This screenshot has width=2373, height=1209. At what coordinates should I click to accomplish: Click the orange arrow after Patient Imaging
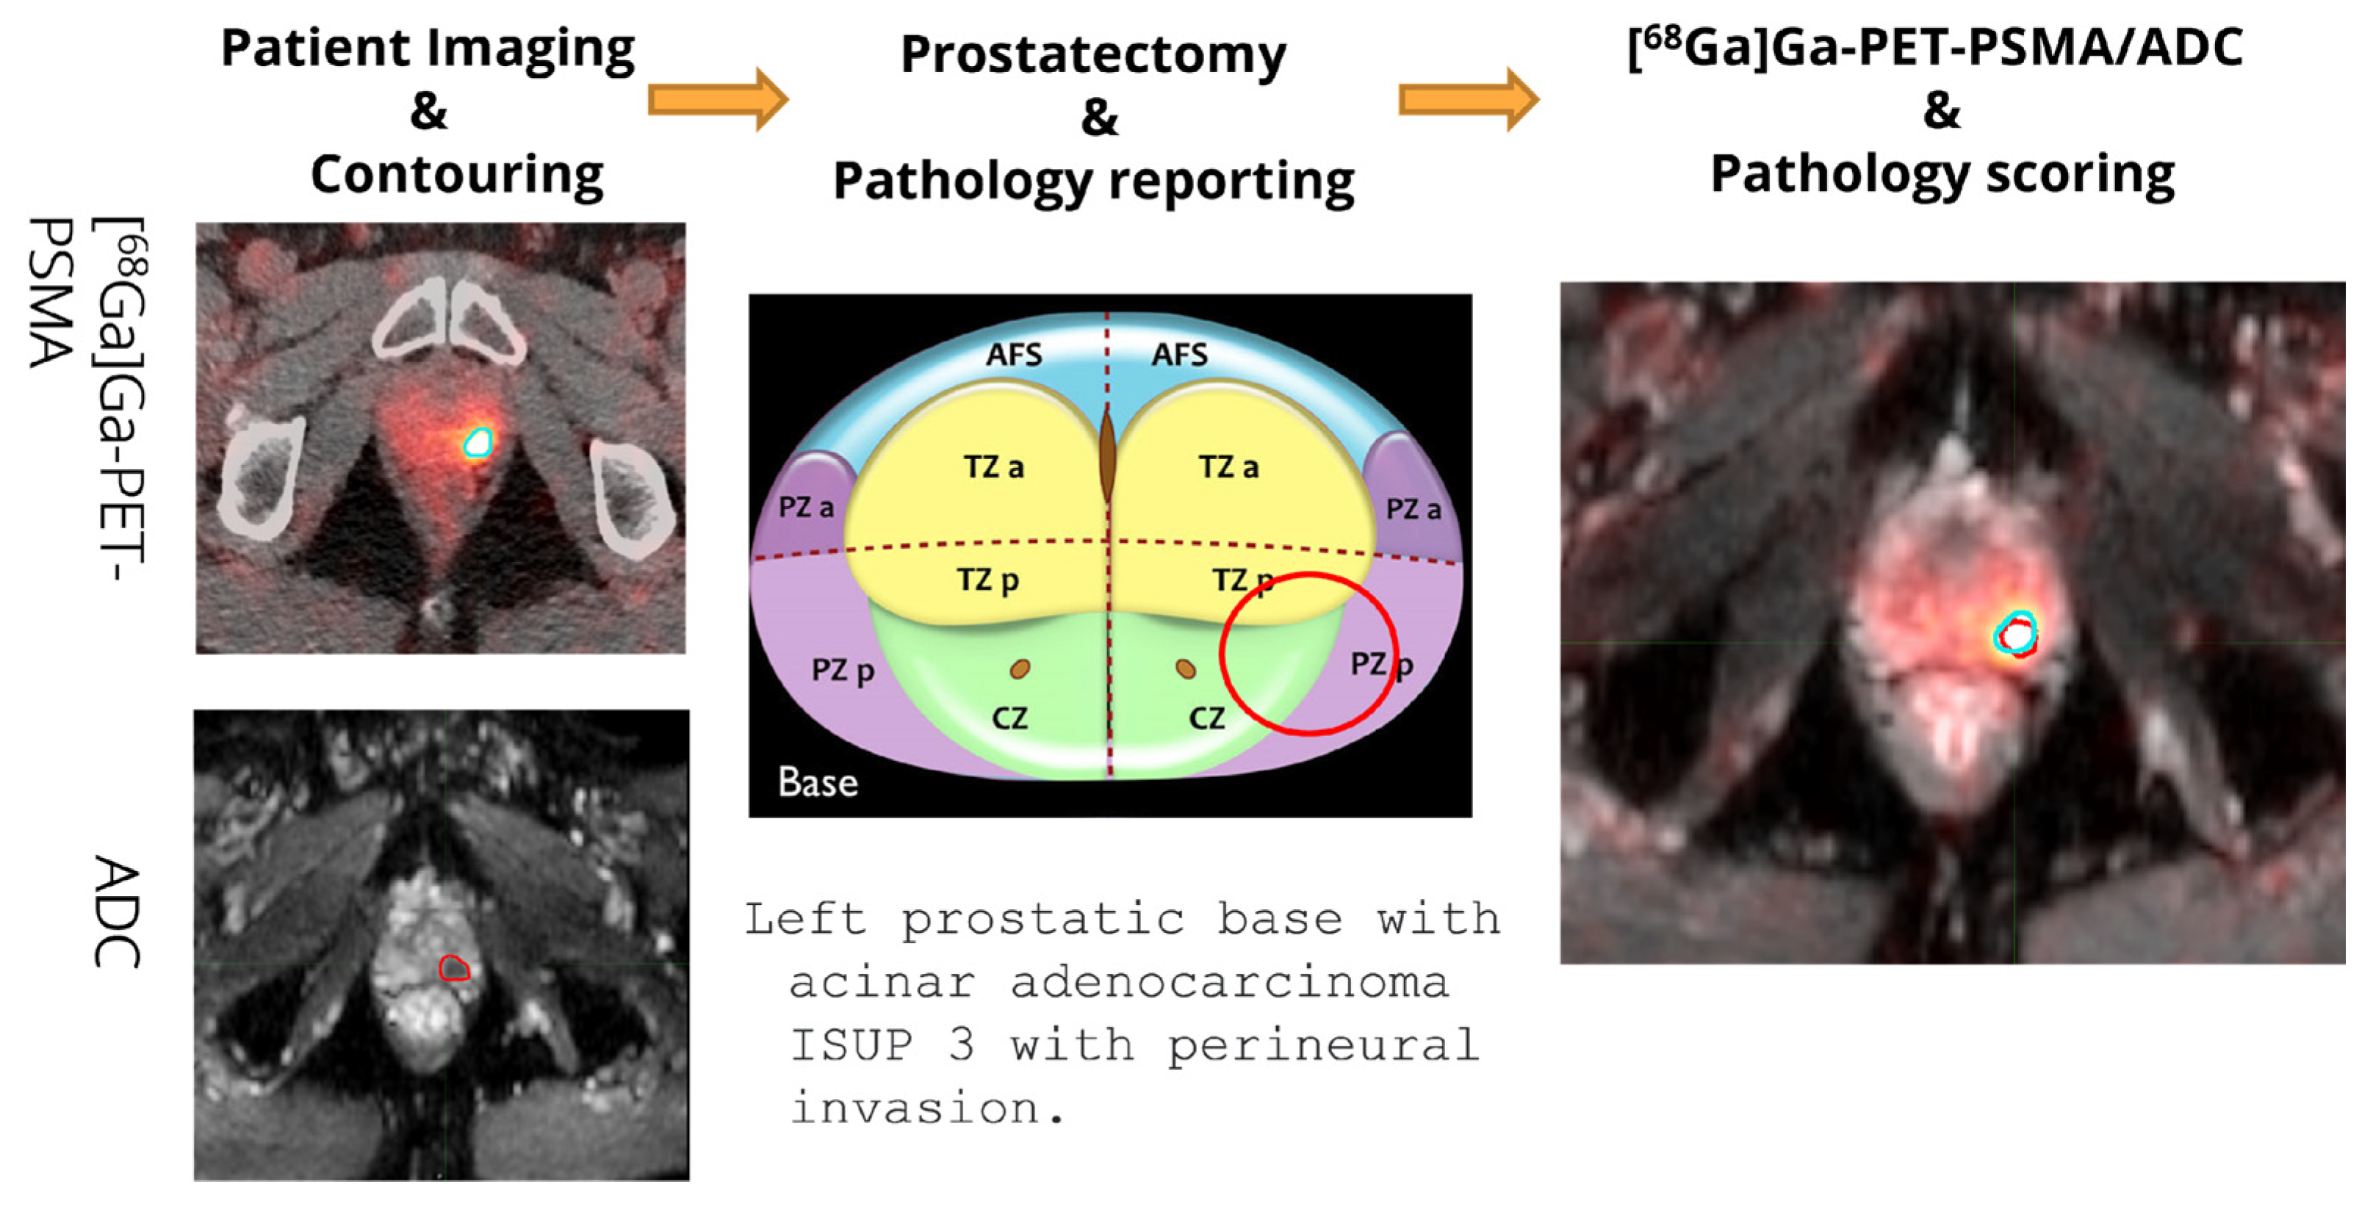click(x=717, y=98)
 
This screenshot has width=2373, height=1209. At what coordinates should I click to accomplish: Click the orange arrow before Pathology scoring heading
click(x=1467, y=98)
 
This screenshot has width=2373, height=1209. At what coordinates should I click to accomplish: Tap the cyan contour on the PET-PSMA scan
click(x=478, y=443)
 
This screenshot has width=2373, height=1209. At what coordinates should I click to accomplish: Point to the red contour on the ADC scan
click(x=453, y=968)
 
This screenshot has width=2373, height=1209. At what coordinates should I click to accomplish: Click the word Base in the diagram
click(x=817, y=782)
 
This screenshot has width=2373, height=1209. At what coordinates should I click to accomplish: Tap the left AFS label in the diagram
click(x=1013, y=355)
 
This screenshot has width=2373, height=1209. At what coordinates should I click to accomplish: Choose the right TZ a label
click(x=1228, y=467)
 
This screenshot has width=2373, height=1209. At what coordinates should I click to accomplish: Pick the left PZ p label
click(x=842, y=671)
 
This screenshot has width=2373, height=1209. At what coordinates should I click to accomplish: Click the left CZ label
click(x=1009, y=718)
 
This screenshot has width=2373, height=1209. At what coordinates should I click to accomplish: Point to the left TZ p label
click(x=987, y=580)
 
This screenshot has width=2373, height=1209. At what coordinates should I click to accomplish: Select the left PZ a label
click(x=806, y=506)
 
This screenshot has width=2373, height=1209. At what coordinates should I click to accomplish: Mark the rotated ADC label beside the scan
click(x=117, y=912)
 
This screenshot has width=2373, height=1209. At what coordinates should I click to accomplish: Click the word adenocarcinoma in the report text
click(x=1229, y=983)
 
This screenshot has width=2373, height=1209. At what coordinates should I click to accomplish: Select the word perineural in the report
click(x=1323, y=1045)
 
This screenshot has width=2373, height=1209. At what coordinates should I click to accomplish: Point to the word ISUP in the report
click(x=851, y=1045)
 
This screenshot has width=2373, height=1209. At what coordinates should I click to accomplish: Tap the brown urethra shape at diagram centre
click(x=1107, y=456)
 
